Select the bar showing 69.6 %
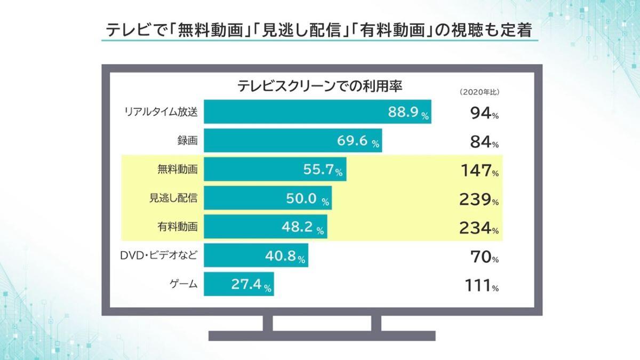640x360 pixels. tap(293, 141)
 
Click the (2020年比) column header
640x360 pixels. tap(479, 92)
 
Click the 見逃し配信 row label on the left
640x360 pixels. tap(173, 198)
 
